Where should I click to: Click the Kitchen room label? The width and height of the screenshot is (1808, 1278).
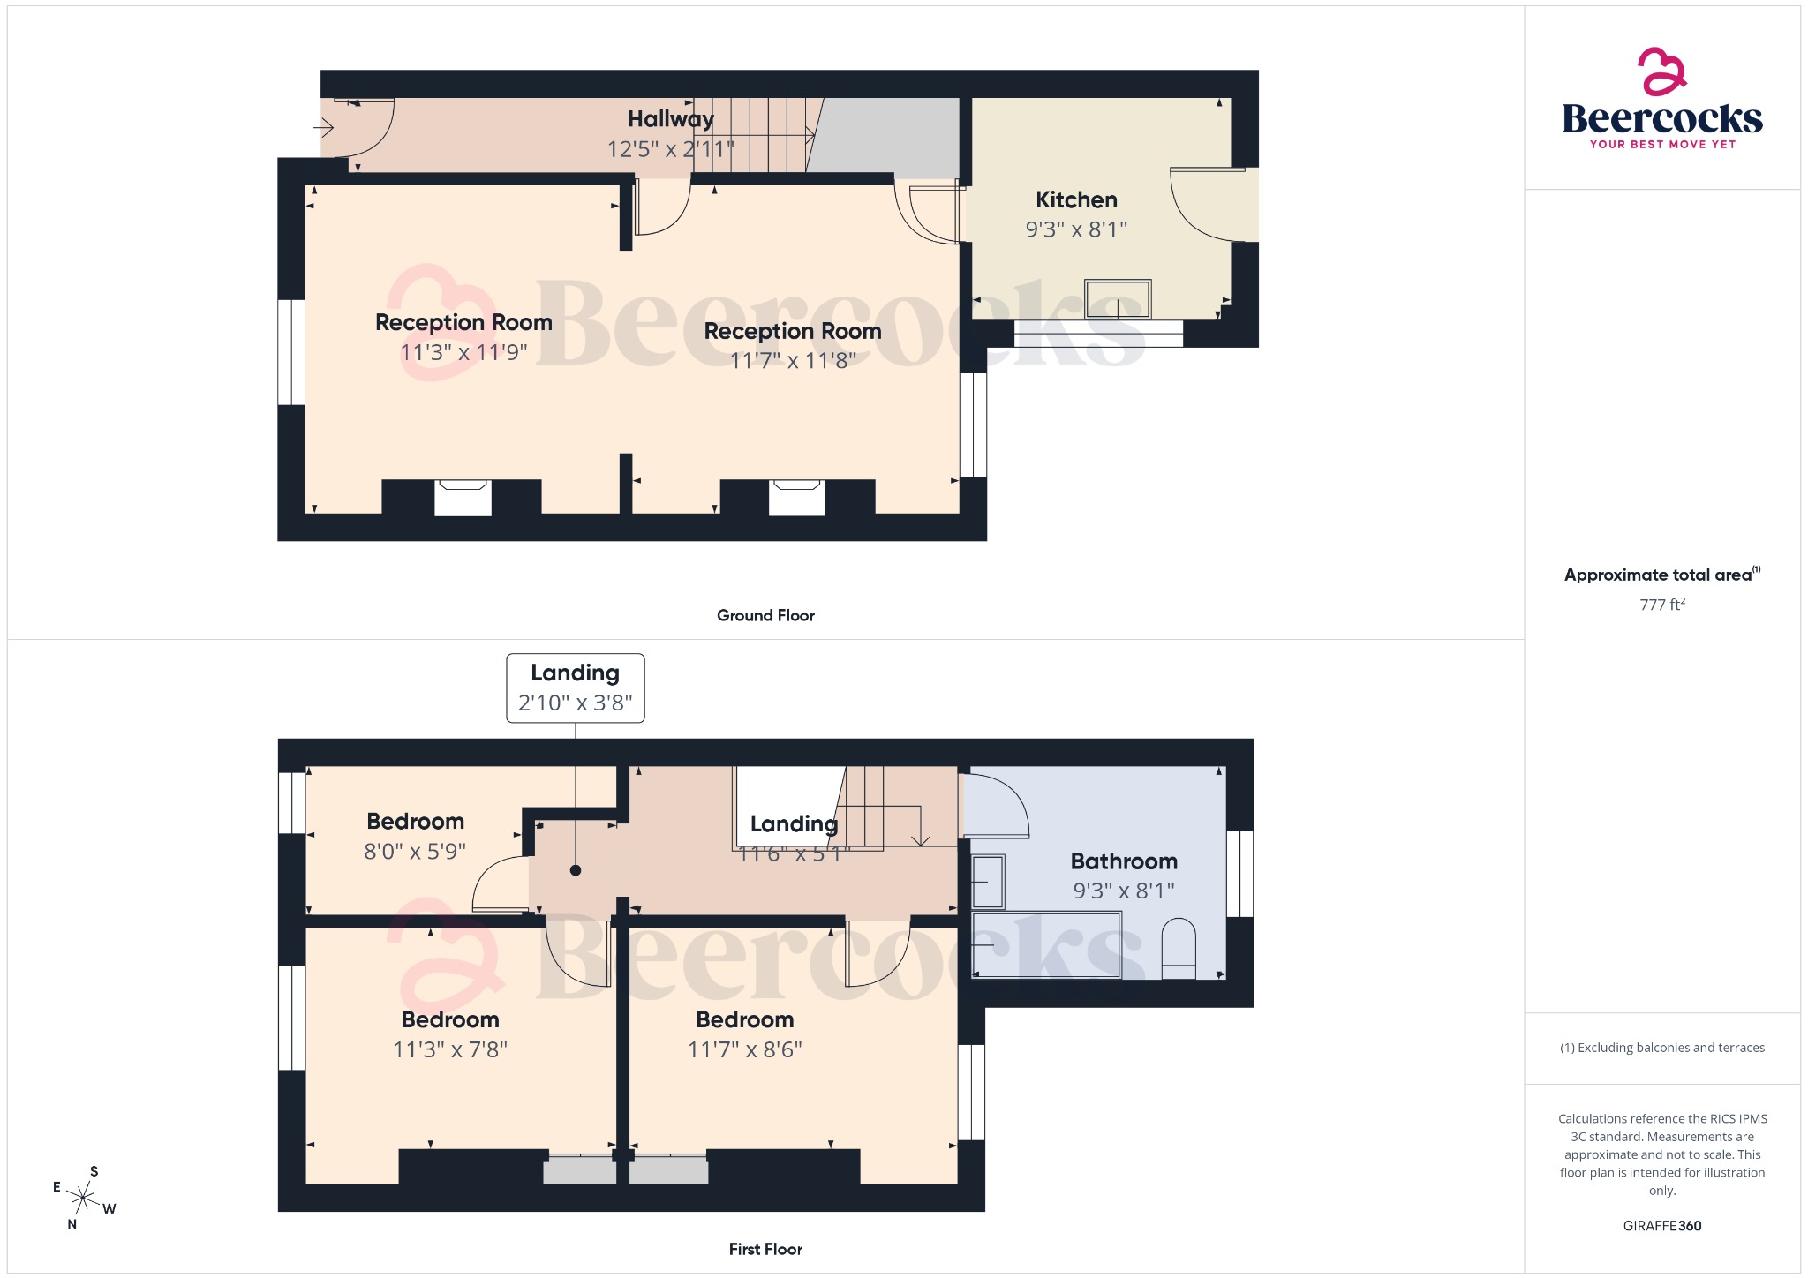click(x=1076, y=200)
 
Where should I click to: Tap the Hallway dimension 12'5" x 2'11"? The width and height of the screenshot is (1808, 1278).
click(x=670, y=149)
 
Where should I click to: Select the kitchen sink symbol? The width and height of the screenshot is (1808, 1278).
click(x=1118, y=299)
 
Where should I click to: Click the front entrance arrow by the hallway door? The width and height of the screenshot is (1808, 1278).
click(x=324, y=129)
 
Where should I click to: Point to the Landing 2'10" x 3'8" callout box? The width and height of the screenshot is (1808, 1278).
click(x=575, y=688)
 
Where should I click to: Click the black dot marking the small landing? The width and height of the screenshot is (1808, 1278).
click(x=576, y=870)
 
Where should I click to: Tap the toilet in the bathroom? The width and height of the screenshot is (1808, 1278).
click(x=1178, y=950)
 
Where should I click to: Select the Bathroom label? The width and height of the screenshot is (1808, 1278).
click(x=1124, y=861)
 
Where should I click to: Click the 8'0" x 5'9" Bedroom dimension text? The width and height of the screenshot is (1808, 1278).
click(x=415, y=852)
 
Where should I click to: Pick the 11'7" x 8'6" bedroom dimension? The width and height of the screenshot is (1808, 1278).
click(x=744, y=1049)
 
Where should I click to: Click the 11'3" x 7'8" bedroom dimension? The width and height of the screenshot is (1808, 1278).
click(x=450, y=1049)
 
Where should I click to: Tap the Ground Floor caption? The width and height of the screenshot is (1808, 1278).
click(x=765, y=615)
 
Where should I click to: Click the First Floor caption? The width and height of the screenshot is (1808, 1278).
click(x=765, y=1249)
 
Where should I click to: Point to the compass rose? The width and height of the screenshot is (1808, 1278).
click(x=84, y=1198)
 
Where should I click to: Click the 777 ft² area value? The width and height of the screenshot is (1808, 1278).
click(x=1662, y=605)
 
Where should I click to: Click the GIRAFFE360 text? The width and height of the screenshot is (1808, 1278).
click(x=1662, y=1226)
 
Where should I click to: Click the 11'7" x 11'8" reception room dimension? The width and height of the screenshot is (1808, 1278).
click(x=793, y=361)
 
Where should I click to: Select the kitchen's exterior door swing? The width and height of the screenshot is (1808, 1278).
click(x=1205, y=204)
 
